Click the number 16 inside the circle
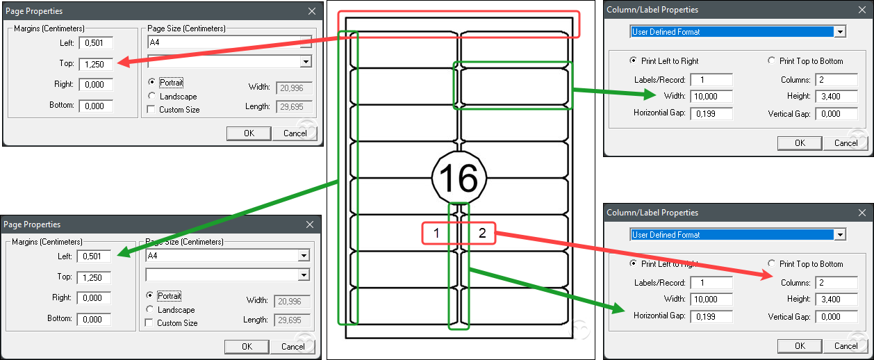pos(459,178)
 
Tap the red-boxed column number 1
pos(436,233)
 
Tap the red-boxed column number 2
pos(482,233)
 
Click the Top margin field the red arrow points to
pos(96,64)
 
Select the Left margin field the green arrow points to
pos(94,256)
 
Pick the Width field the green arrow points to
pos(711,96)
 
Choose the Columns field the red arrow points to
pos(836,283)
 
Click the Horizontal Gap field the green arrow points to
pos(711,316)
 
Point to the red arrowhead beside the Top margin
pos(123,62)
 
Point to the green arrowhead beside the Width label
pos(650,94)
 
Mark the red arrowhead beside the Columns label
pos(767,275)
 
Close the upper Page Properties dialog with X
pos(312,11)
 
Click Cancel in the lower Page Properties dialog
pos(293,347)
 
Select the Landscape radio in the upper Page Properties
pos(151,96)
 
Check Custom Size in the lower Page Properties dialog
pos(149,323)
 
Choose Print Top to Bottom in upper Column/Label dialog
pos(771,60)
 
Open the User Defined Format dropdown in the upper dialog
pos(840,32)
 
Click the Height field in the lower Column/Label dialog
pos(836,299)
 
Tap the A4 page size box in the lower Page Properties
pos(227,256)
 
